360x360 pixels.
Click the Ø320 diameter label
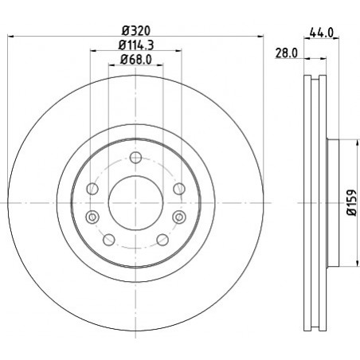pos(136,31)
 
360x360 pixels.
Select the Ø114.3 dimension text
pos(136,45)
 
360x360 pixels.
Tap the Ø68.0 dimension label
pos(136,60)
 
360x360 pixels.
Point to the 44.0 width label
pos(321,33)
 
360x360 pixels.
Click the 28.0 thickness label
pos(286,53)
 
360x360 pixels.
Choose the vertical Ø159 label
pos(352,202)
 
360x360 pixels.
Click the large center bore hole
pos(135,203)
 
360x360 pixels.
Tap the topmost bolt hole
pos(135,158)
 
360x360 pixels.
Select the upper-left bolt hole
pos(92,189)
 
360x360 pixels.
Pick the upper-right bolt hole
pos(179,189)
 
